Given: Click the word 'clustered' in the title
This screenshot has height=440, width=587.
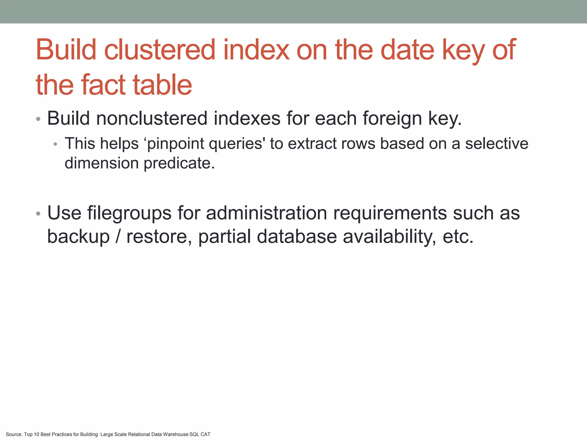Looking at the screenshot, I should [x=159, y=50].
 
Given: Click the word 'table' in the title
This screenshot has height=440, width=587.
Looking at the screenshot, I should [x=162, y=85].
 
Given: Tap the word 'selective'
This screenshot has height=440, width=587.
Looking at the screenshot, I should [x=496, y=144].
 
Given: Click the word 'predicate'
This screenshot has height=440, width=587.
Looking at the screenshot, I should [x=179, y=163].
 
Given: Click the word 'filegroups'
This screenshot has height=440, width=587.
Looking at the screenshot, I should [x=129, y=213].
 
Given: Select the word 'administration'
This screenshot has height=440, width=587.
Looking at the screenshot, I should [x=267, y=213].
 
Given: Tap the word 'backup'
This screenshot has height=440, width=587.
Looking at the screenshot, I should [x=78, y=237].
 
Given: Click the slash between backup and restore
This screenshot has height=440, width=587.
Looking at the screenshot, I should [x=118, y=237].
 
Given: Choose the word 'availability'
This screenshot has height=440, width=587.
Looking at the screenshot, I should [x=390, y=237].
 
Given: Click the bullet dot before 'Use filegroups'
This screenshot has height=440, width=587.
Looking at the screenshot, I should [x=38, y=214].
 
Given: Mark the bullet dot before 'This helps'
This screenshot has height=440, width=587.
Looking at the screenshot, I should [x=55, y=144].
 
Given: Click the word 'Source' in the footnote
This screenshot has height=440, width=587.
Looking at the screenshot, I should [x=14, y=434].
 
